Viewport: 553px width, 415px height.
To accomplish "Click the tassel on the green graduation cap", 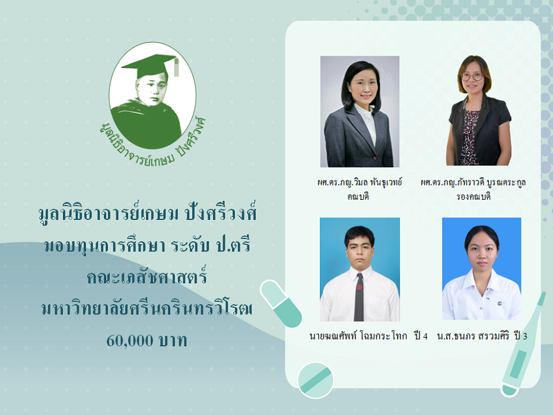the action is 176,67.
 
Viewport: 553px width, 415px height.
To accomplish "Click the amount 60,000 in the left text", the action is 130,341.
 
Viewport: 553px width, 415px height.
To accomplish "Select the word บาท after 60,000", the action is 173,341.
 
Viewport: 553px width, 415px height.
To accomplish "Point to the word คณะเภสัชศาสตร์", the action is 147,276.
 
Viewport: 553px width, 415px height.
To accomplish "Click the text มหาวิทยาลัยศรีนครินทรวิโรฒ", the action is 147,308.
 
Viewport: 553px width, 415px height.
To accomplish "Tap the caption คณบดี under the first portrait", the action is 358,196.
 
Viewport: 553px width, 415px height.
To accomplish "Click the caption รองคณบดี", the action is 473,196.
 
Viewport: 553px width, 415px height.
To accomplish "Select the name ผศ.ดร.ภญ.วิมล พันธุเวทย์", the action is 360,183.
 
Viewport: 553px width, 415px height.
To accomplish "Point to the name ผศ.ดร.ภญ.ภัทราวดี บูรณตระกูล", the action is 473,183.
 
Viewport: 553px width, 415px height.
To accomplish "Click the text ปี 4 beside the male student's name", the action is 421,336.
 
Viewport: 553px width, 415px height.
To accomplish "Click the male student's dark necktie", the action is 359,296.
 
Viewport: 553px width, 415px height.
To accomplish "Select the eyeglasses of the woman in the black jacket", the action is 472,76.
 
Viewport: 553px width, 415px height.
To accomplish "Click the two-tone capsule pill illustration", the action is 281,304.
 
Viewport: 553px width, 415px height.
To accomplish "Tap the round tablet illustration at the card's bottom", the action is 315,381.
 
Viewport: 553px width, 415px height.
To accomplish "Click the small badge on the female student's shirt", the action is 500,303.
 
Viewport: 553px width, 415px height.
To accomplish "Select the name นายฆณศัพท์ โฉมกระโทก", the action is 358,336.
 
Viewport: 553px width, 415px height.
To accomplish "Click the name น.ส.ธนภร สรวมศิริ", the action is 473,336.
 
